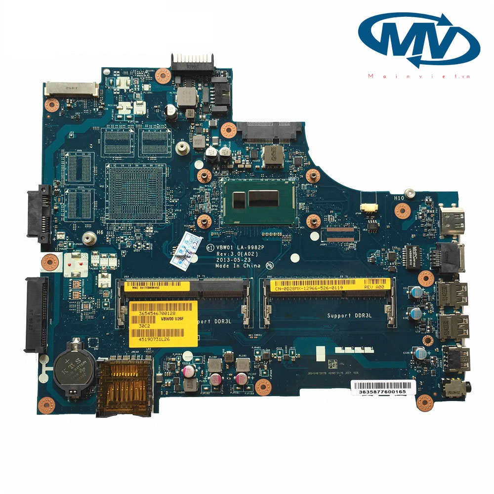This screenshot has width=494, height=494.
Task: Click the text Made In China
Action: [x=238, y=265]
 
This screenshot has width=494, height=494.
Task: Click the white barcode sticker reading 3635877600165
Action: [x=378, y=391]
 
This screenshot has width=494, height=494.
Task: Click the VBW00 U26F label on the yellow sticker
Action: [x=172, y=319]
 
